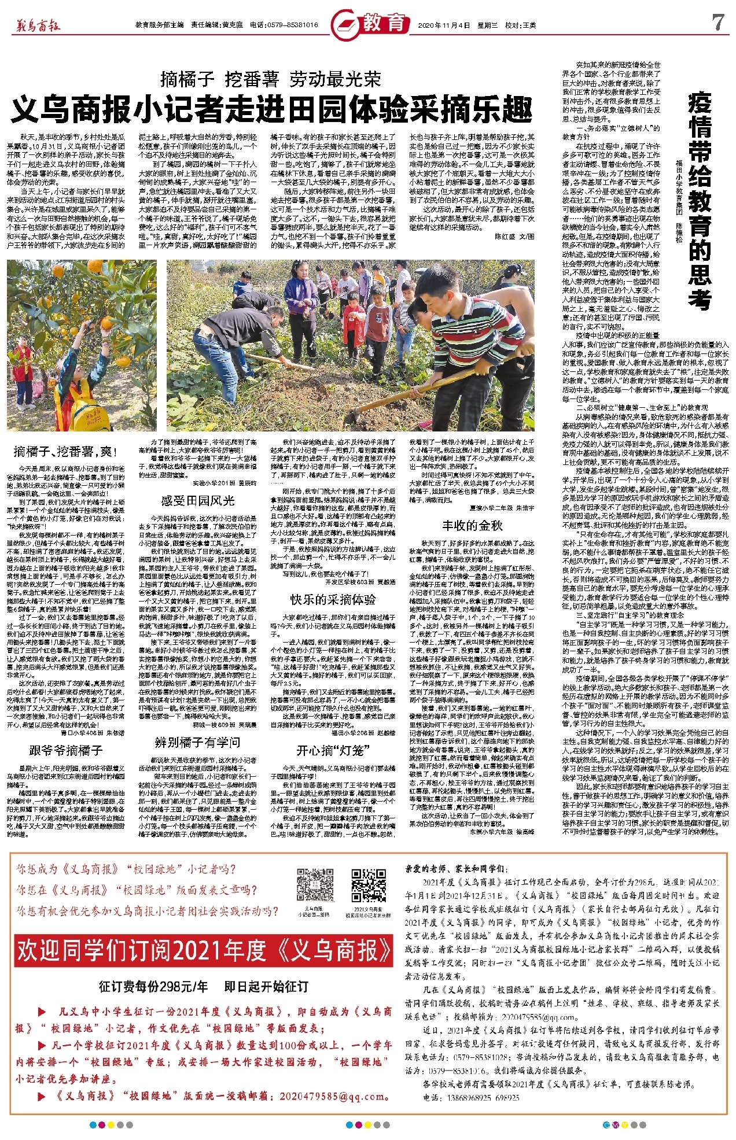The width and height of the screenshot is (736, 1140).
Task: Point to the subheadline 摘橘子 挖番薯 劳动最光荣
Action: coord(271,78)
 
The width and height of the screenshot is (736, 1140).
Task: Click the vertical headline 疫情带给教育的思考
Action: coord(699,202)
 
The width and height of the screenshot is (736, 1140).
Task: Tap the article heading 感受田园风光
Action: coord(198,501)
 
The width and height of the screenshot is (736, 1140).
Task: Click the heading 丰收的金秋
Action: coord(472,526)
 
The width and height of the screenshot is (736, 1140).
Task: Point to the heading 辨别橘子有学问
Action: coord(197,742)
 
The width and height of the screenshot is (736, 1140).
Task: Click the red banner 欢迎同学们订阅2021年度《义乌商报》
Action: coord(204,950)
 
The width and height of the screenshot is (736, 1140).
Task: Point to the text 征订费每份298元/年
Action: coord(153,986)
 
